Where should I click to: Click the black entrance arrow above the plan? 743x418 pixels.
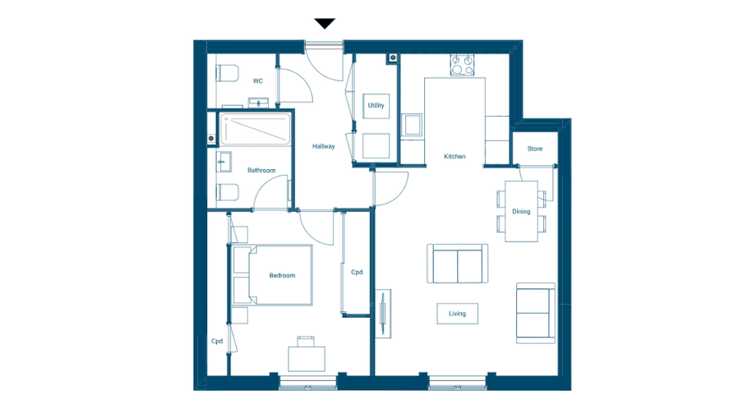pos(325,24)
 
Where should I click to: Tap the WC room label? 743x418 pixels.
pos(257,81)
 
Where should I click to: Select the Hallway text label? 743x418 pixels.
pos(323,146)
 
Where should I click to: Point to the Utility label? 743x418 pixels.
pos(376,105)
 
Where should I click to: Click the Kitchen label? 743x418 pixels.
pos(455,156)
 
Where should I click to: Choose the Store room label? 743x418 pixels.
pos(534,149)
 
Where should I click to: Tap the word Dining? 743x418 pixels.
pos(521,212)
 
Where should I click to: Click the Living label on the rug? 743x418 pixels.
pos(457,313)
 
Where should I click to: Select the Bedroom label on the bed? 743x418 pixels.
pos(282,275)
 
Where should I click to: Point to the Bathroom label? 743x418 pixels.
pos(261,170)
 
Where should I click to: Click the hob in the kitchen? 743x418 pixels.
pos(463,65)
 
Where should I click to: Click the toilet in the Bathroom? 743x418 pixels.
pos(228,191)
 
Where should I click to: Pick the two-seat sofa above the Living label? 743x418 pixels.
pos(457,263)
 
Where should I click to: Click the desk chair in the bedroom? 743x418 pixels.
pos(306,340)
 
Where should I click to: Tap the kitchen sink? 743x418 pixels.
pos(412,126)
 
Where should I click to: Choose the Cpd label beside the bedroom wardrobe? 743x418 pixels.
pos(357,272)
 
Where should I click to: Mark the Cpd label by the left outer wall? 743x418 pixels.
pos(217,341)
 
